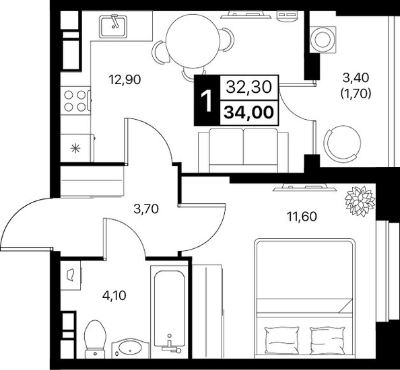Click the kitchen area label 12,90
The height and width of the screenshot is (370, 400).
point(125,80)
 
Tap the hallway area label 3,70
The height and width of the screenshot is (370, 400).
point(146,209)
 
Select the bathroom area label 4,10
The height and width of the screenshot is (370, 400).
point(114,295)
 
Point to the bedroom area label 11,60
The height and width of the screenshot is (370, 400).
point(302,217)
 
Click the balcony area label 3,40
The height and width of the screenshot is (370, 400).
point(356,78)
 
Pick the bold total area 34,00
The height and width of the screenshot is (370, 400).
point(248,112)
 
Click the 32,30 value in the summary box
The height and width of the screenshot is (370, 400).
point(248,87)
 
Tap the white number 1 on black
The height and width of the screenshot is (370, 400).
point(207,101)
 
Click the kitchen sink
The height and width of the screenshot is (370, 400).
point(113,26)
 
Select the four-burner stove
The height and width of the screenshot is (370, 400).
point(75,101)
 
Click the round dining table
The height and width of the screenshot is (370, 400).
point(193,41)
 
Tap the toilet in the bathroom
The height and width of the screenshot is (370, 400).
point(95,339)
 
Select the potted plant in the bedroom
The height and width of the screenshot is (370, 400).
point(360,202)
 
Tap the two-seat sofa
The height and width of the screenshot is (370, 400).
point(243,150)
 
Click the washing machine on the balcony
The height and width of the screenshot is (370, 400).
point(322,40)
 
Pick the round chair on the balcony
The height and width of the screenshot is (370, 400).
point(343,144)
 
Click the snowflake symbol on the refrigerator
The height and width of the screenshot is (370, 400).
point(75,148)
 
